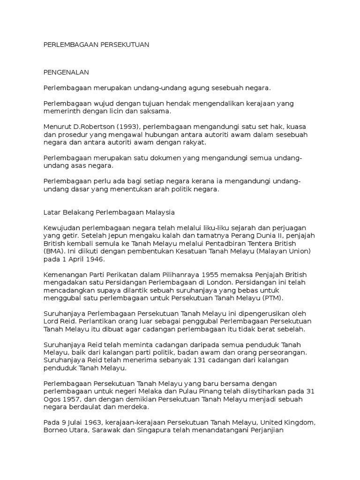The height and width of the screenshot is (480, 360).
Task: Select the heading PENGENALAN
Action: pyautogui.click(x=66, y=73)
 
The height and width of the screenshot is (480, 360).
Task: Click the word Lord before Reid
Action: pyautogui.click(x=51, y=321)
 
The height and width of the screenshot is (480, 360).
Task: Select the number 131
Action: pyautogui.click(x=180, y=360)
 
